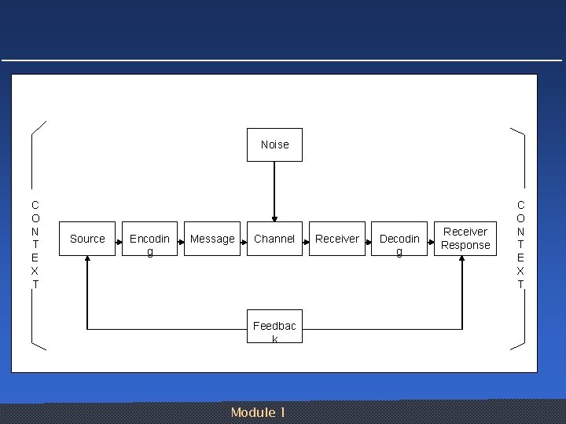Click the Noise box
click(274, 144)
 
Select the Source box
click(87, 239)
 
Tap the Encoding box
click(149, 239)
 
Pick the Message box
click(212, 239)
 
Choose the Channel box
click(274, 239)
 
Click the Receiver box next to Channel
click(337, 239)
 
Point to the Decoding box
click(399, 239)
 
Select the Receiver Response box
click(465, 239)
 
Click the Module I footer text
click(258, 412)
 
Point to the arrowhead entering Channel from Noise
click(274, 217)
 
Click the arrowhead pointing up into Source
click(87, 261)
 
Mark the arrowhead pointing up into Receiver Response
click(462, 261)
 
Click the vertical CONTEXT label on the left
click(35, 244)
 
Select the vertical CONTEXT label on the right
click(520, 244)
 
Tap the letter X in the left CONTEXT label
click(35, 270)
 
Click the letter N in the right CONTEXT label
click(520, 232)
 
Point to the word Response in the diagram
click(465, 246)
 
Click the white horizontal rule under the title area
click(283, 60)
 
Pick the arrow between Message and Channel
click(244, 239)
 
